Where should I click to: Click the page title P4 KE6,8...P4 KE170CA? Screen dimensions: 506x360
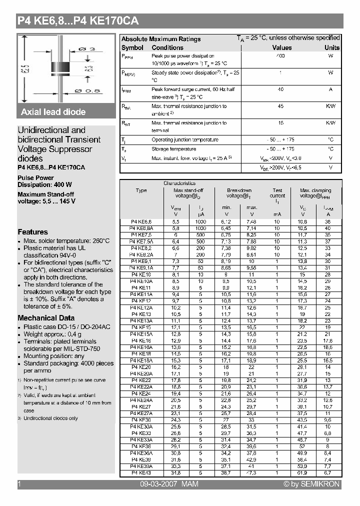(x=78, y=21)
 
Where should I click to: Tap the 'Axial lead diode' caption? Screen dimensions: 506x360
(x=53, y=112)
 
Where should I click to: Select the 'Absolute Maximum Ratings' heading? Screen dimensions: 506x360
(x=161, y=39)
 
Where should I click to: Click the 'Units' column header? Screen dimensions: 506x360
(x=331, y=47)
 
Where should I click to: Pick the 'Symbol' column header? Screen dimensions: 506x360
(x=132, y=47)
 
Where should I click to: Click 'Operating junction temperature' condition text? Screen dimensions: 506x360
(x=185, y=140)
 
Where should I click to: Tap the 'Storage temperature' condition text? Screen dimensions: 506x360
(x=173, y=149)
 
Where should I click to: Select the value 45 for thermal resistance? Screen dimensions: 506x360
(x=280, y=106)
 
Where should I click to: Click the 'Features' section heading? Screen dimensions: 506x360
(x=33, y=232)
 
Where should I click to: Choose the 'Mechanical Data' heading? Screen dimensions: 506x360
(x=46, y=318)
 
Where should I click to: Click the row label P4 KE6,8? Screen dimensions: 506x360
(x=141, y=221)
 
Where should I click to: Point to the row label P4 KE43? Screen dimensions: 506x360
(x=141, y=471)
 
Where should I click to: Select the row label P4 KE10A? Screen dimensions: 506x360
(x=141, y=281)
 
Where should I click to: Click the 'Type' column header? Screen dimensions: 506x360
(x=141, y=190)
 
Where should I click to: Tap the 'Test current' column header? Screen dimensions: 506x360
(x=277, y=193)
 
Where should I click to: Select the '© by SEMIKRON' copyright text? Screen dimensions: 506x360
(x=311, y=484)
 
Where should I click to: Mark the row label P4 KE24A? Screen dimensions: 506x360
(x=141, y=400)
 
